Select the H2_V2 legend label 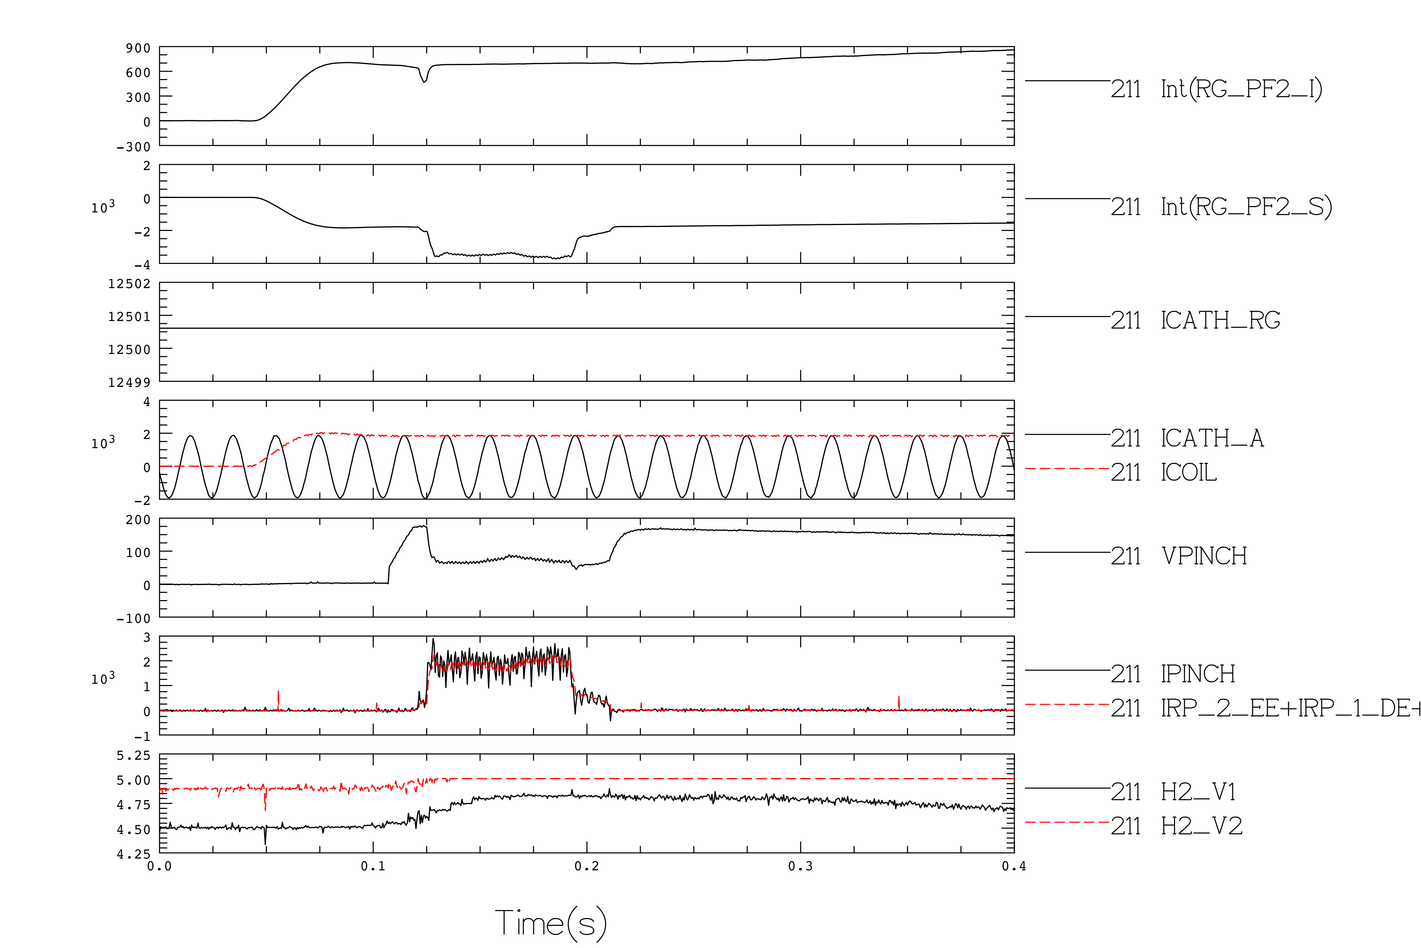tap(1202, 826)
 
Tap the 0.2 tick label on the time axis tap(587, 866)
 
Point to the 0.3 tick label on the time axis tap(800, 866)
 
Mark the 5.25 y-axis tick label tap(133, 756)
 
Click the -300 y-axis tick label tap(133, 147)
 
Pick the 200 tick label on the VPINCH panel tap(138, 520)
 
